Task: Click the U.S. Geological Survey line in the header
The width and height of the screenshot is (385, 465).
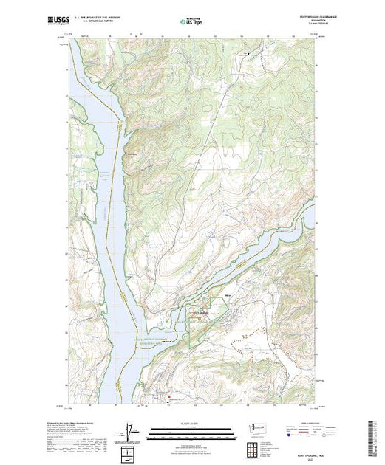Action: click(100, 21)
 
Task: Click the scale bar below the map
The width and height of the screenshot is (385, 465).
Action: click(193, 430)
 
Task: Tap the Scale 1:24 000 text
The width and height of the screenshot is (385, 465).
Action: click(193, 422)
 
